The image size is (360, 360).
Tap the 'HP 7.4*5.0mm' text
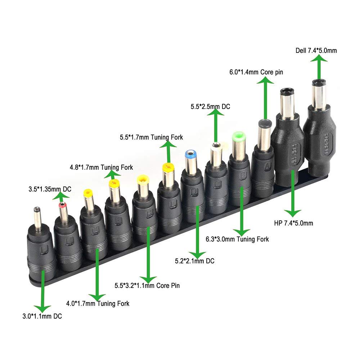tap(293, 223)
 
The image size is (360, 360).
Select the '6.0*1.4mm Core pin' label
tap(256, 72)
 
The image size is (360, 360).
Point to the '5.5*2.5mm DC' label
tap(210, 107)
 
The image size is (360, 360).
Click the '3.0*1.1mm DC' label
tap(44, 316)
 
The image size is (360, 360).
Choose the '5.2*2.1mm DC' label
tap(194, 261)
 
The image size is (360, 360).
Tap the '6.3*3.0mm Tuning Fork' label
tap(237, 239)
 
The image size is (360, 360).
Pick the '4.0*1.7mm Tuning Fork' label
tap(98, 303)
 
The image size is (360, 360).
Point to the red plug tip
tap(63, 205)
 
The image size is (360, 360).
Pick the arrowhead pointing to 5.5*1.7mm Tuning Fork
tap(168, 144)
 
